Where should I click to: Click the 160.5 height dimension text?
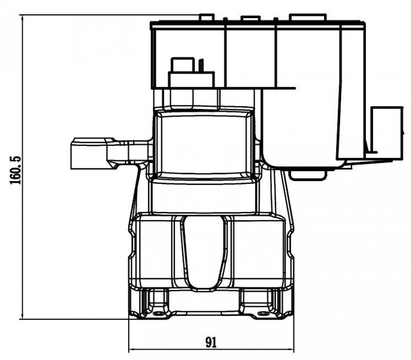[15, 170]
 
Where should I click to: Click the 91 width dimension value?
[211, 342]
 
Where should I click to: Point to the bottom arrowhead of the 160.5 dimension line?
[23, 316]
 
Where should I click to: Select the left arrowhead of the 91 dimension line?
[132, 349]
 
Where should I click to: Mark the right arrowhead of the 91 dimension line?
[291, 349]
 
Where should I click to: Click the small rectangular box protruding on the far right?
[387, 133]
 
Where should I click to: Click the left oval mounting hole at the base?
[158, 314]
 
